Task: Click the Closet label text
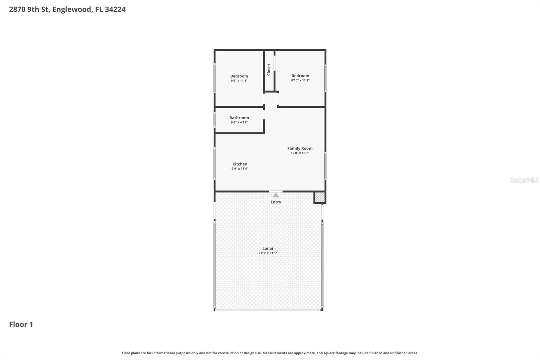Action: click(269, 70)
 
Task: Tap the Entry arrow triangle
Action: click(276, 195)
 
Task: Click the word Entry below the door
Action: click(276, 202)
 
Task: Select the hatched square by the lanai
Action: click(320, 197)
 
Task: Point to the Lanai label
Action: click(268, 248)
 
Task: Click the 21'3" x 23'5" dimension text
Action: click(268, 253)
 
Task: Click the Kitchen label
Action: click(240, 164)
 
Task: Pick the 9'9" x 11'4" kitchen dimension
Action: click(240, 169)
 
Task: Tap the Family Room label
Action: click(300, 148)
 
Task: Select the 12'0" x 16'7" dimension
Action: click(300, 153)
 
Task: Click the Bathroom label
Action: click(239, 118)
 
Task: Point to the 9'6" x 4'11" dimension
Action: click(239, 122)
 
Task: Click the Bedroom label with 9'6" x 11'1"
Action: click(239, 76)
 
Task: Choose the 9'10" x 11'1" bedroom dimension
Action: click(300, 80)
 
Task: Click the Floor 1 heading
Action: click(21, 324)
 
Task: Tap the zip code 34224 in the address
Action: click(115, 9)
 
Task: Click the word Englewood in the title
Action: click(72, 9)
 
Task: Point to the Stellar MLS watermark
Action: click(524, 180)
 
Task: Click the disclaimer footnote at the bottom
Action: click(270, 353)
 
